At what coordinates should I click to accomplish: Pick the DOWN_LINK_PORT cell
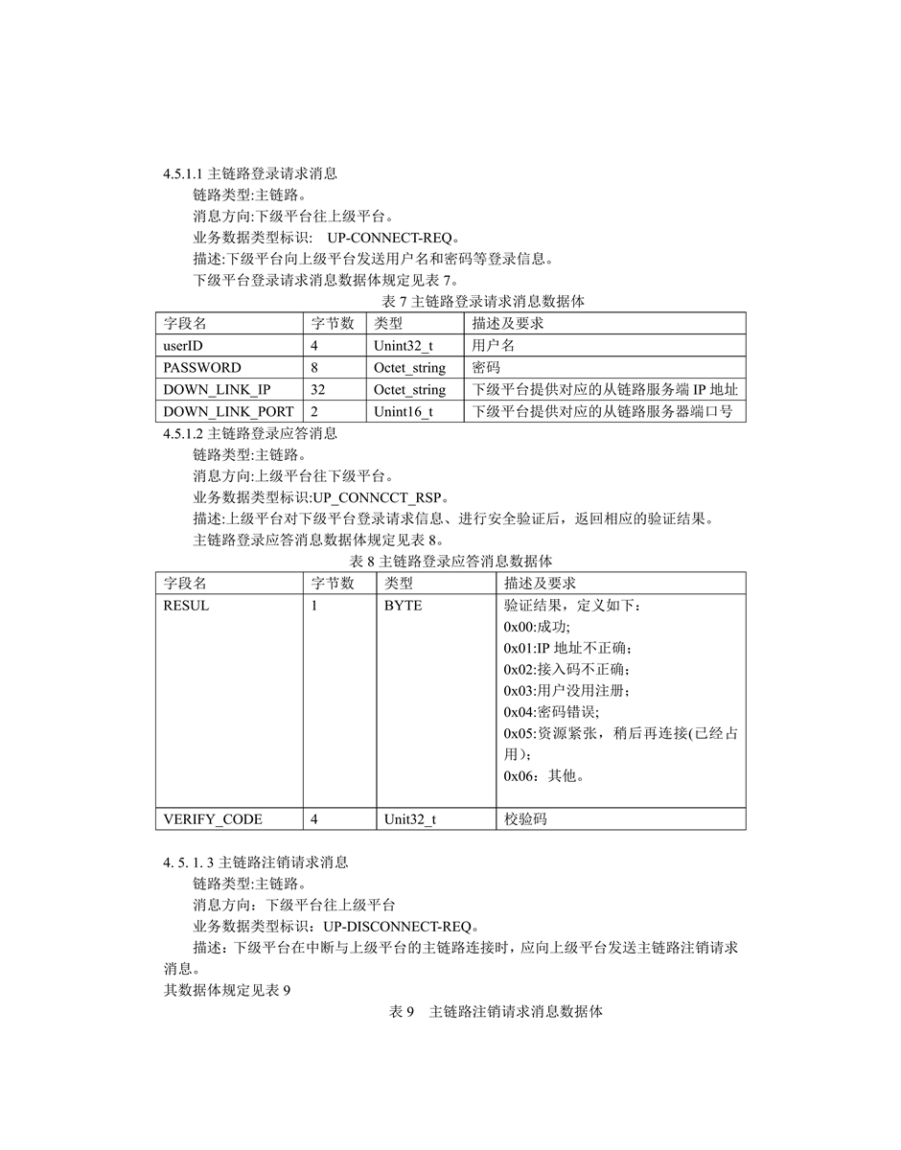(x=228, y=412)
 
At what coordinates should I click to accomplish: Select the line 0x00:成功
(x=537, y=627)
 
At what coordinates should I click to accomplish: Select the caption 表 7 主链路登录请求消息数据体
(x=450, y=301)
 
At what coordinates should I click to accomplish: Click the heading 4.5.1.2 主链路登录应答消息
(x=250, y=433)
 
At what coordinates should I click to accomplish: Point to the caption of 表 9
(x=496, y=1012)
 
